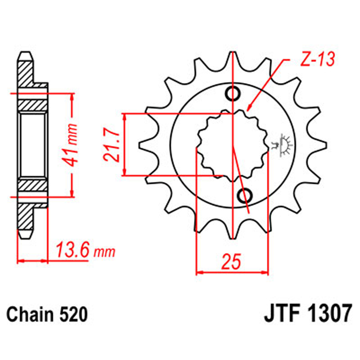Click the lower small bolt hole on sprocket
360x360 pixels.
tap(245, 195)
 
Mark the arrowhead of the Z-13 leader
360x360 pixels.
tap(250, 109)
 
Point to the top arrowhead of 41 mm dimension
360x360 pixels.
tap(72, 96)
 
